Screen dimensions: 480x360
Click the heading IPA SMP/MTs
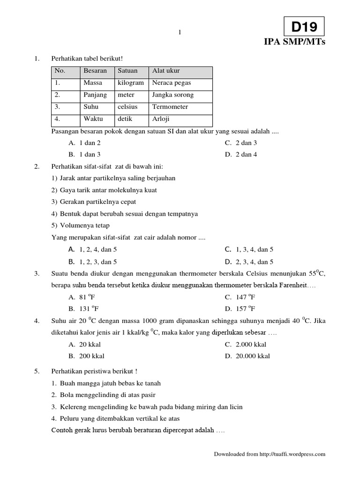(294, 43)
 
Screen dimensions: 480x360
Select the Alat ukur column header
(166, 71)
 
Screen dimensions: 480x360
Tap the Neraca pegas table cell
(171, 83)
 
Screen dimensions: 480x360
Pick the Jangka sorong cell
(172, 95)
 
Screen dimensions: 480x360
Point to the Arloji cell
(160, 119)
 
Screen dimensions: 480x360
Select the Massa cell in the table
(93, 83)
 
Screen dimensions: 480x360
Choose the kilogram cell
(131, 83)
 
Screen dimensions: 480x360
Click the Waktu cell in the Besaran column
(93, 119)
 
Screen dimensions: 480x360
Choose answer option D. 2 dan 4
(241, 154)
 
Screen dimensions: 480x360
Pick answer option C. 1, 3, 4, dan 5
(249, 249)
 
